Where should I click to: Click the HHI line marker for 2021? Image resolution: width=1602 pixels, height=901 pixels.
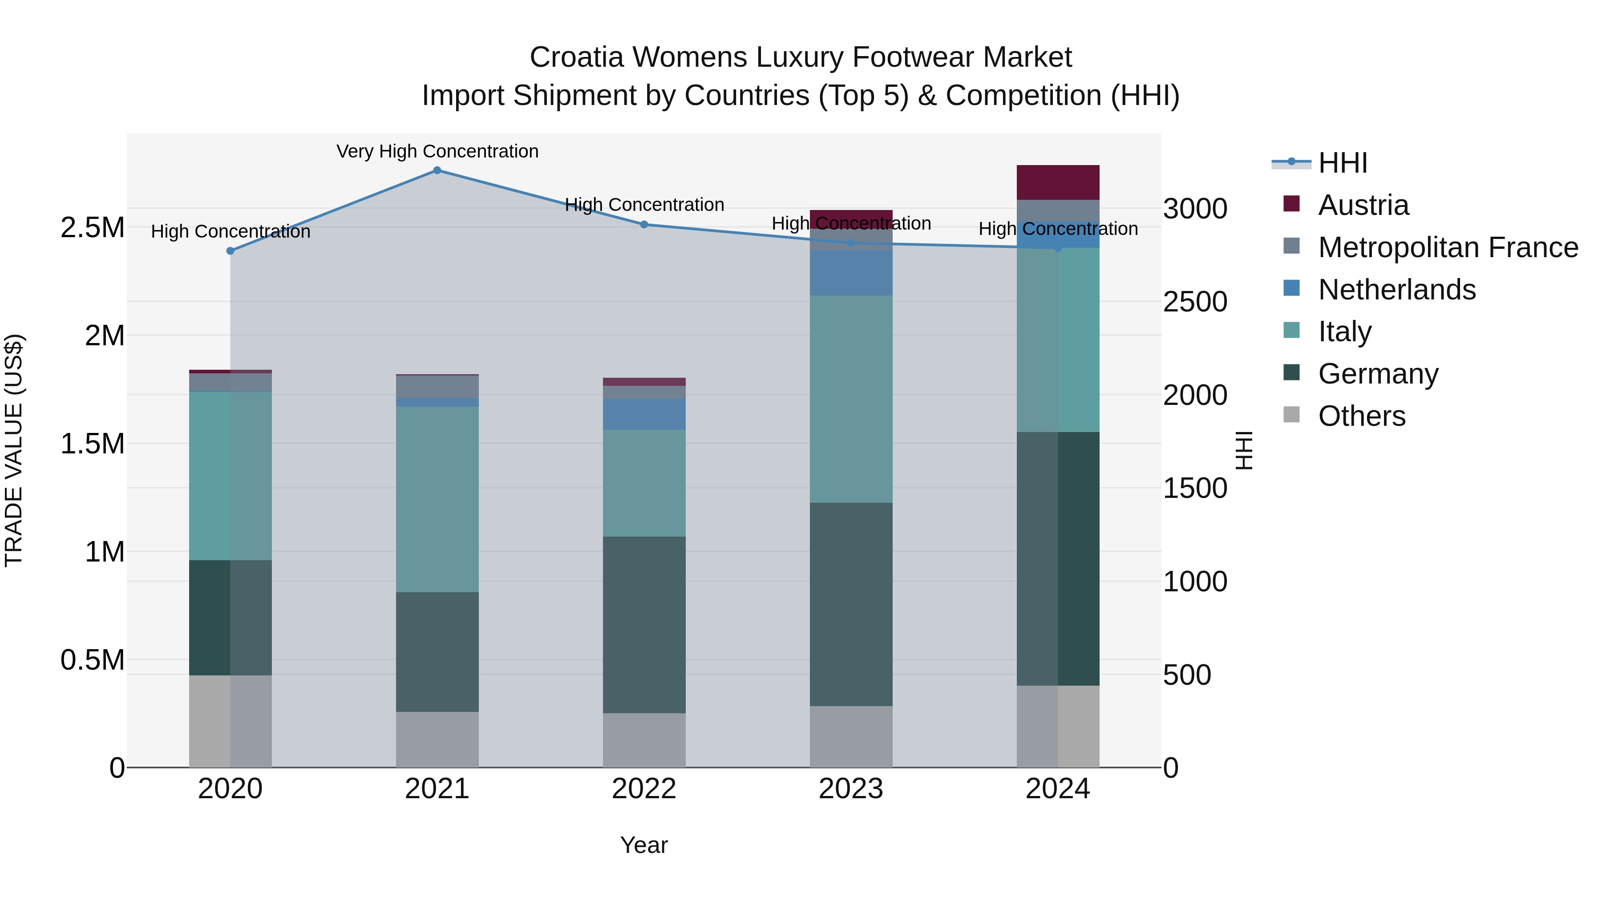[x=437, y=170]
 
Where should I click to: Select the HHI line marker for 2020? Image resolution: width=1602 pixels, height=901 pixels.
[x=230, y=251]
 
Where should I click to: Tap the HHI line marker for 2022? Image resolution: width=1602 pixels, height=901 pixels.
[x=644, y=225]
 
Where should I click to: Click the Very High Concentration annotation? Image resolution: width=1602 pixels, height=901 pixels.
[x=437, y=151]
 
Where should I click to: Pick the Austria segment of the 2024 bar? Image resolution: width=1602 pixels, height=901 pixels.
[x=1058, y=182]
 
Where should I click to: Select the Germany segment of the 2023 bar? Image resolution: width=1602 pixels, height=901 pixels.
[x=851, y=604]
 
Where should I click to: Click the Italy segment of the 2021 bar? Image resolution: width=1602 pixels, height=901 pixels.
[x=437, y=499]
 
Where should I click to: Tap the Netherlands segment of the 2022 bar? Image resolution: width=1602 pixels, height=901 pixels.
[x=644, y=414]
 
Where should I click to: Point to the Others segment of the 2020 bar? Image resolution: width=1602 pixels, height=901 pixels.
[x=230, y=721]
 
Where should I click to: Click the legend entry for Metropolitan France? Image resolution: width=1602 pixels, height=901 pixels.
[x=1448, y=247]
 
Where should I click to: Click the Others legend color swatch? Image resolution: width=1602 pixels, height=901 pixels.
[x=1292, y=415]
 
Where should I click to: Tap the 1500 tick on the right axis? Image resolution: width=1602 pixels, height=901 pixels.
[x=1195, y=488]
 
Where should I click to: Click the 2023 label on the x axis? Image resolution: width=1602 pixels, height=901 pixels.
[x=851, y=789]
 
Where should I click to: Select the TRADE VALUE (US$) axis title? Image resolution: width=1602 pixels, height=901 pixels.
[x=14, y=450]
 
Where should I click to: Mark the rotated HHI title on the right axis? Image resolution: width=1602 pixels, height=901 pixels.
[x=1244, y=450]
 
